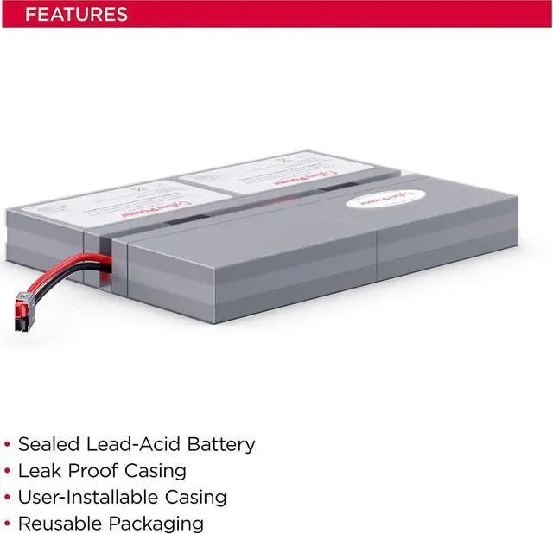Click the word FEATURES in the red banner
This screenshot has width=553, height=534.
pyautogui.click(x=76, y=14)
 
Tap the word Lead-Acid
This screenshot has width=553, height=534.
pyautogui.click(x=129, y=445)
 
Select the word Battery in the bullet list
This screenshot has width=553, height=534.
pyautogui.click(x=219, y=445)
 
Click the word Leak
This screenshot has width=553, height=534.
pyautogui.click(x=40, y=471)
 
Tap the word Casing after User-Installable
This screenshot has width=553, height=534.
pyautogui.click(x=196, y=499)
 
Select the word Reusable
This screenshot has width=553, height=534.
pyautogui.click(x=58, y=524)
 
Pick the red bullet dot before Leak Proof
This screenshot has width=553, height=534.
pyautogui.click(x=8, y=472)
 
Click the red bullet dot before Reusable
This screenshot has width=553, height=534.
pyautogui.click(x=8, y=524)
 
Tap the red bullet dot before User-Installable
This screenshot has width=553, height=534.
pyautogui.click(x=8, y=499)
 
